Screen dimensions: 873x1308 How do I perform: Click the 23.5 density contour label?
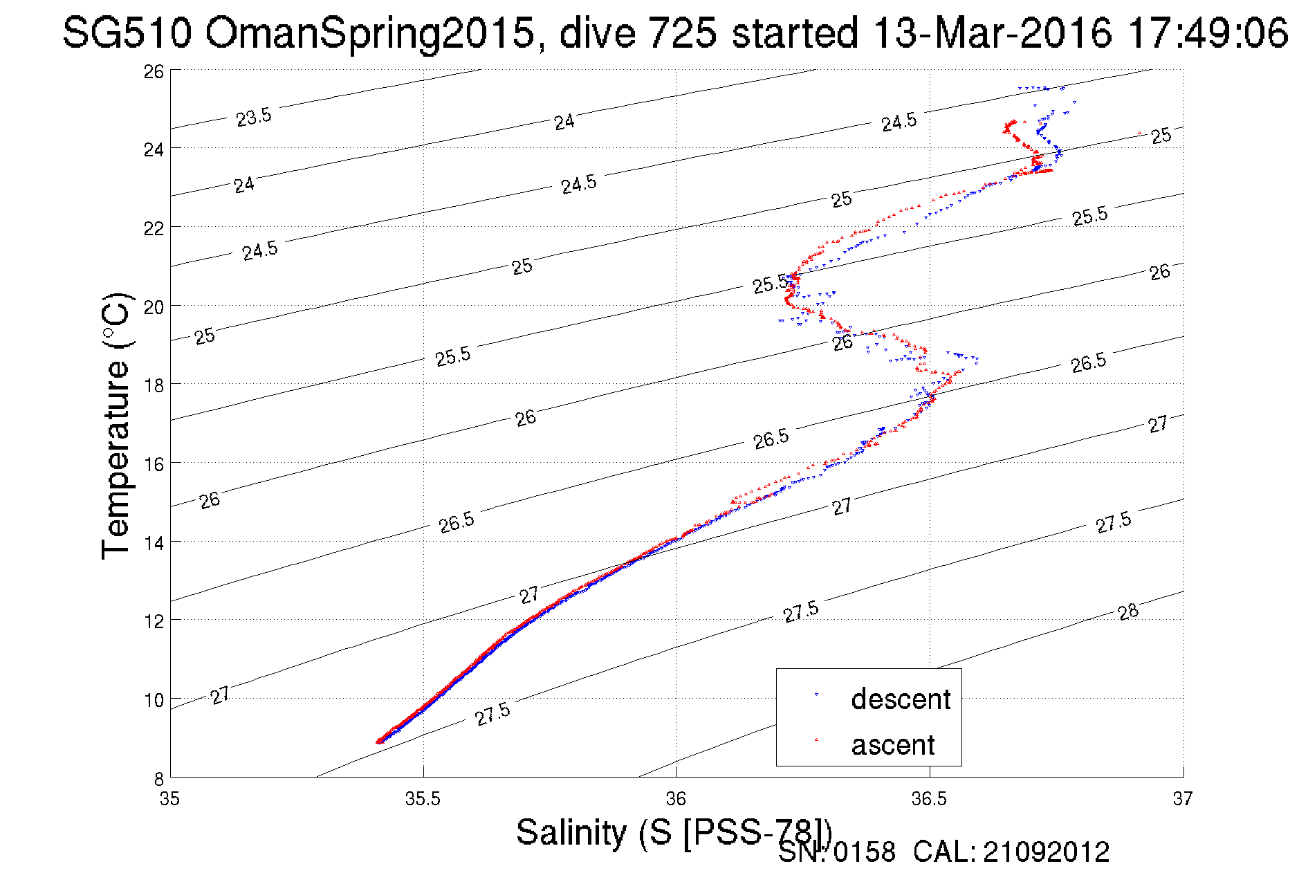pos(253,117)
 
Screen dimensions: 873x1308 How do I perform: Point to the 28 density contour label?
pos(1127,612)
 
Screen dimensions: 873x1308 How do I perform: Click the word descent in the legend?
pos(901,699)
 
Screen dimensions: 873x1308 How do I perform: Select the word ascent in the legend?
pos(892,745)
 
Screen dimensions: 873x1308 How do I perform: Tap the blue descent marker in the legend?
pos(816,694)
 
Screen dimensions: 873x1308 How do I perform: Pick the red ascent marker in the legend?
pos(816,739)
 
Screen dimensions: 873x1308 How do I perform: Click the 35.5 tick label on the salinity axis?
pos(423,799)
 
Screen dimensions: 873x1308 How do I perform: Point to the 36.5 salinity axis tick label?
pos(929,799)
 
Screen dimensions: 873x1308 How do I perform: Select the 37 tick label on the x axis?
pos(1182,799)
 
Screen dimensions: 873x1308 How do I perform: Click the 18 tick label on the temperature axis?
pos(154,385)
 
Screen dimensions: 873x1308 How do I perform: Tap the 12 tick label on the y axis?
pos(154,621)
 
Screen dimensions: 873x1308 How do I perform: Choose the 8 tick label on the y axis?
pos(158,778)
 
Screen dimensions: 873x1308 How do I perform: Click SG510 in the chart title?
pos(126,33)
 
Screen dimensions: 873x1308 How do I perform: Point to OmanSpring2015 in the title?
pos(369,33)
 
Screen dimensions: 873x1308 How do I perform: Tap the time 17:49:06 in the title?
pos(1207,33)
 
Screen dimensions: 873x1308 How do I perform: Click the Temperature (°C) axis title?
pos(115,425)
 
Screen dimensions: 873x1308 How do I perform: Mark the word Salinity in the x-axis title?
pos(571,831)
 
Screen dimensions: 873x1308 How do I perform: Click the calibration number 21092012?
pos(1046,852)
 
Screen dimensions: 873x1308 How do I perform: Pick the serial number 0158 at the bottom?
pos(864,852)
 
